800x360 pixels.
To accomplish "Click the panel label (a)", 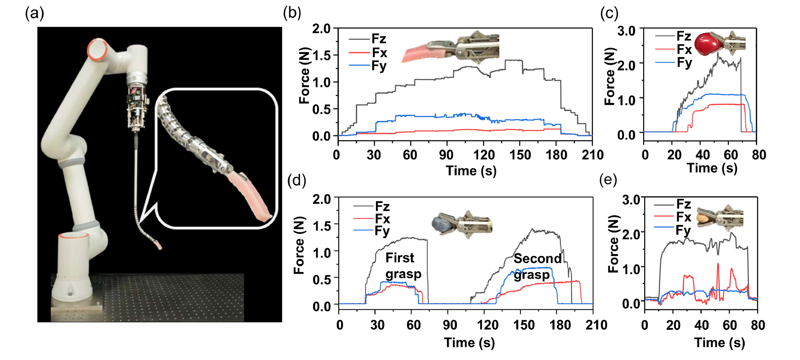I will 34,13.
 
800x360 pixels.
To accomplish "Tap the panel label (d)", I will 296,180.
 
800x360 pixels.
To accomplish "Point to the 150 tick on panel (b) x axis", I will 520,155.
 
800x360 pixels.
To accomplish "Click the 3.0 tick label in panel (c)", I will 626,31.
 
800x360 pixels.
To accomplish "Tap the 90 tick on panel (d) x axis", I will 450,325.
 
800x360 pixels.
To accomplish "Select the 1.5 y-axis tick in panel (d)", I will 322,225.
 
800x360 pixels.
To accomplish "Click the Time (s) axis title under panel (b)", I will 471,170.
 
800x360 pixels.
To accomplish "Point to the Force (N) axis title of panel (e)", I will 613,244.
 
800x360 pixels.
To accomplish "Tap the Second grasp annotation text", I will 537,266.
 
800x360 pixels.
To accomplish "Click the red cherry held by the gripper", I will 707,43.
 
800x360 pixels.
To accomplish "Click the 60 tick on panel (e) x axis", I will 729,325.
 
